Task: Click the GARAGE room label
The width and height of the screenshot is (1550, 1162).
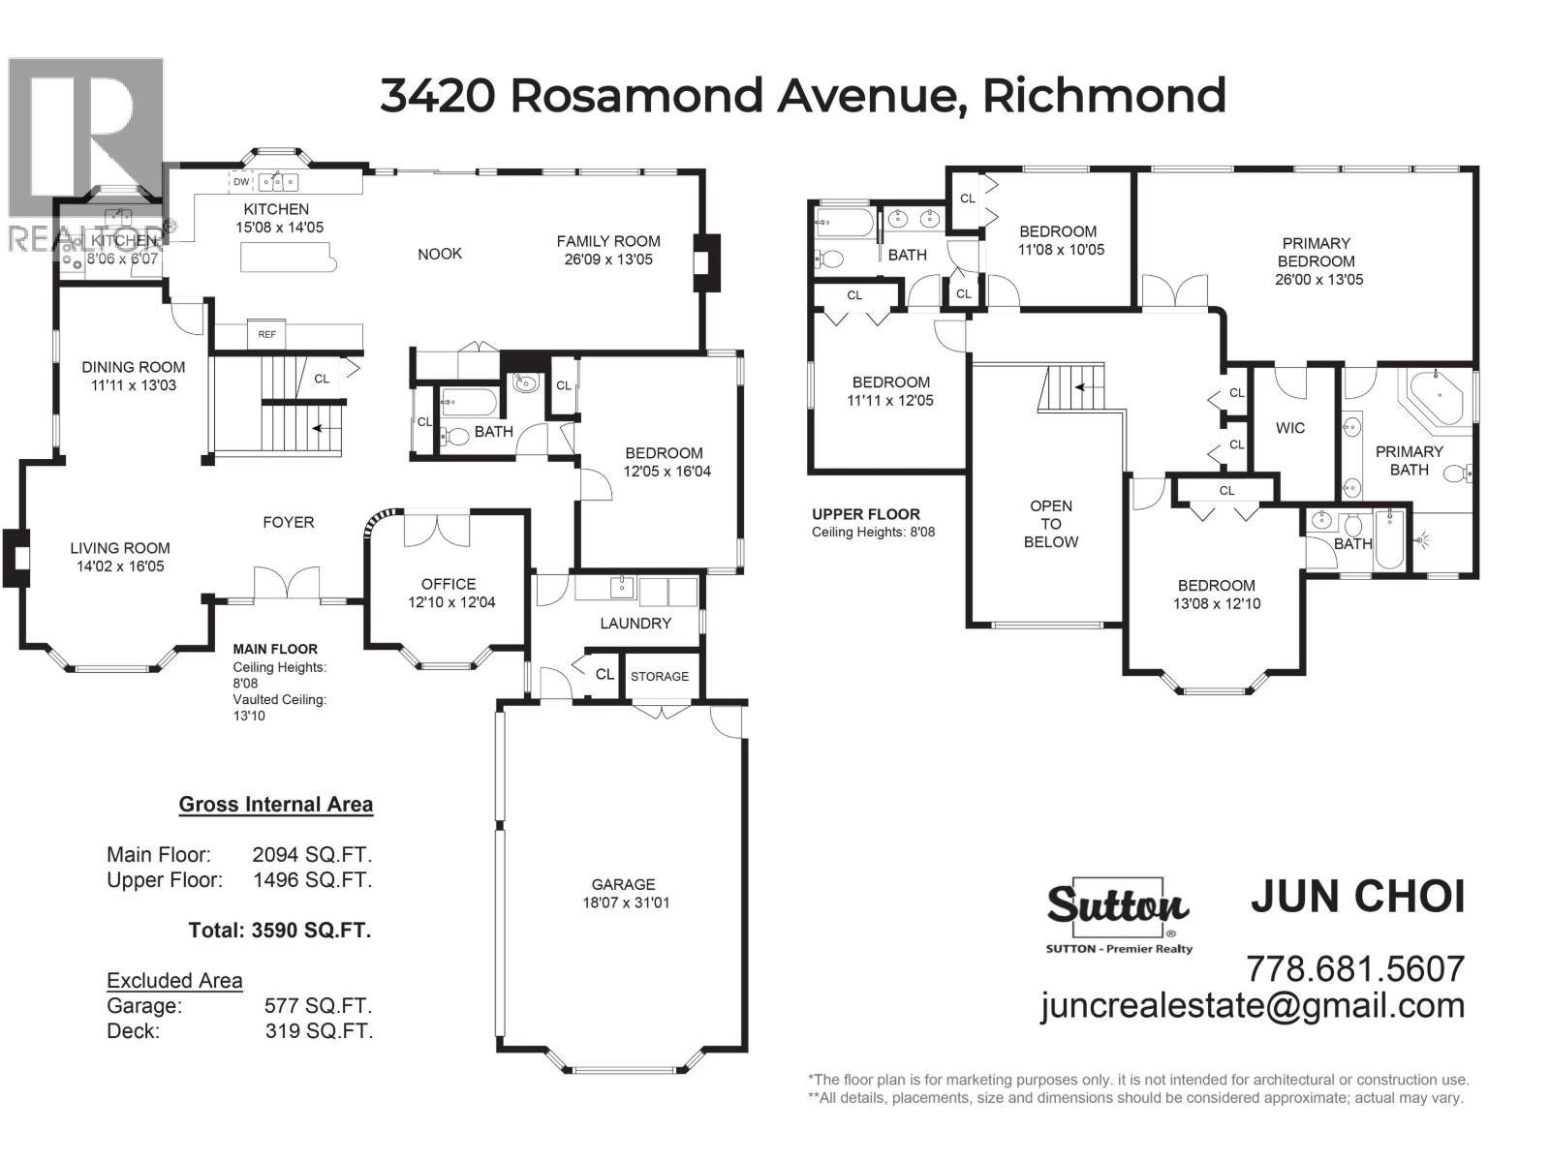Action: pyautogui.click(x=623, y=884)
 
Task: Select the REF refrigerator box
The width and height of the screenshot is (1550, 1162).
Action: pyautogui.click(x=266, y=333)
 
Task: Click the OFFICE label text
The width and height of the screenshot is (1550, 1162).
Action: pyautogui.click(x=449, y=584)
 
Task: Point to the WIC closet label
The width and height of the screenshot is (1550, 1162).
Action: pyautogui.click(x=1290, y=428)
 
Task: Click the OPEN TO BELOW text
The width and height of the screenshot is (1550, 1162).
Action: pyautogui.click(x=1051, y=524)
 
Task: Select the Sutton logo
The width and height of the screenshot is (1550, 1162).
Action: pyautogui.click(x=1117, y=905)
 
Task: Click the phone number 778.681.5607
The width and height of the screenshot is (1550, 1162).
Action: pyautogui.click(x=1354, y=967)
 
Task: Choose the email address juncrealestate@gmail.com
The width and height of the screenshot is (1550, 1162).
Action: pyautogui.click(x=1253, y=1005)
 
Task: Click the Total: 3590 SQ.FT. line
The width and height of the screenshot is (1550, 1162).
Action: pyautogui.click(x=280, y=931)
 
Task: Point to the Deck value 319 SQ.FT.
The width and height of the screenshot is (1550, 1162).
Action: pyautogui.click(x=319, y=1031)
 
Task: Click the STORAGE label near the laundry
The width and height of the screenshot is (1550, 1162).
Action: pyautogui.click(x=660, y=676)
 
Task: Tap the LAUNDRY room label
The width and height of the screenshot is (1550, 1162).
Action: pyautogui.click(x=635, y=624)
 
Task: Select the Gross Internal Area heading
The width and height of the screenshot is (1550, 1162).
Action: pyautogui.click(x=276, y=805)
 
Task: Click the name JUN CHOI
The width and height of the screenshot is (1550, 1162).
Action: pyautogui.click(x=1357, y=897)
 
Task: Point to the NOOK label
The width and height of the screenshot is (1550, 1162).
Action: pyautogui.click(x=440, y=254)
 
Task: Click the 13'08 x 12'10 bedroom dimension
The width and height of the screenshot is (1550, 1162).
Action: pyautogui.click(x=1217, y=603)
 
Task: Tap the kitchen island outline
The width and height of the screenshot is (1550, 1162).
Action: pyautogui.click(x=285, y=258)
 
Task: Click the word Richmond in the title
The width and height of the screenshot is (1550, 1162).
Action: pyautogui.click(x=1103, y=95)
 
